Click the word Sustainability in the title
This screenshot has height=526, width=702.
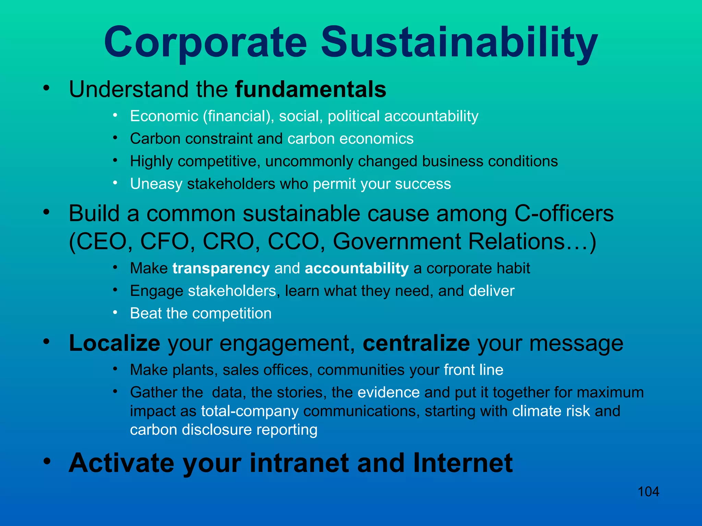point(459,43)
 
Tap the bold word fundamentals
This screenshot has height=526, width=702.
point(311,90)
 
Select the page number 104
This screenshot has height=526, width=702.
point(648,492)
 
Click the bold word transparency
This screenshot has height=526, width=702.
point(221,268)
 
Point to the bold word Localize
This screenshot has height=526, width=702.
point(114,343)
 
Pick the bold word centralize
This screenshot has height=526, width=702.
point(416,343)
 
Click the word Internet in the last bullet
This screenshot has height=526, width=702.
point(463,463)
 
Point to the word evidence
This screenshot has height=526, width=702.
point(388,392)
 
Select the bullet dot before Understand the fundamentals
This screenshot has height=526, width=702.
point(47,88)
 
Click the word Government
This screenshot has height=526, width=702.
point(397,242)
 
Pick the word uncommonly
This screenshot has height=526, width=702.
point(309,162)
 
